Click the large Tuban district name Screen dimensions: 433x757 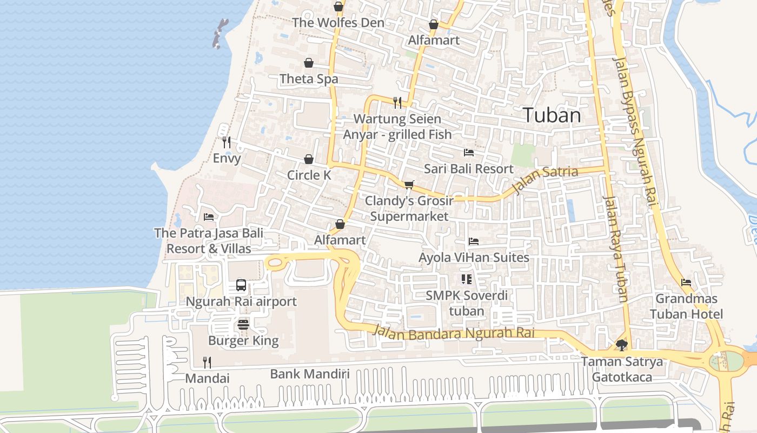pyautogui.click(x=552, y=115)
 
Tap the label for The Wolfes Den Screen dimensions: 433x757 pyautogui.click(x=338, y=23)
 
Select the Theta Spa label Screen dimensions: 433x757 pyautogui.click(x=309, y=79)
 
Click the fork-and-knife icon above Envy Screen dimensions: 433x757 pyautogui.click(x=227, y=142)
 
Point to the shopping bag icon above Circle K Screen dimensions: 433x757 pyautogui.click(x=308, y=159)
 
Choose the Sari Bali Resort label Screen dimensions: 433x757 pyautogui.click(x=468, y=169)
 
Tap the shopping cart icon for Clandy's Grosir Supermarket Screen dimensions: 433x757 pyautogui.click(x=409, y=185)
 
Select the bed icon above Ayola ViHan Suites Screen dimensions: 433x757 pyautogui.click(x=474, y=241)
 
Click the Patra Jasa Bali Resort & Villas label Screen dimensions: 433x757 pyautogui.click(x=209, y=241)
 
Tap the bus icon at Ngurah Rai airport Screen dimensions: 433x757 pyautogui.click(x=241, y=285)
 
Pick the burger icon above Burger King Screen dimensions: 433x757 pyautogui.click(x=243, y=325)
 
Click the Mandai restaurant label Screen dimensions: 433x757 pyautogui.click(x=207, y=378)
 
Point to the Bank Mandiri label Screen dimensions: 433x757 pyautogui.click(x=310, y=374)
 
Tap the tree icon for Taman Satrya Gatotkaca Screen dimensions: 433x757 pyautogui.click(x=622, y=345)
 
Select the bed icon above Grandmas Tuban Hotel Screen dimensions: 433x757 pyautogui.click(x=686, y=283)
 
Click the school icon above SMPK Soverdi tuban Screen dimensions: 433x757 pyautogui.click(x=466, y=279)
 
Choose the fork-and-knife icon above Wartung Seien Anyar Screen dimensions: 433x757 pyautogui.click(x=397, y=102)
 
